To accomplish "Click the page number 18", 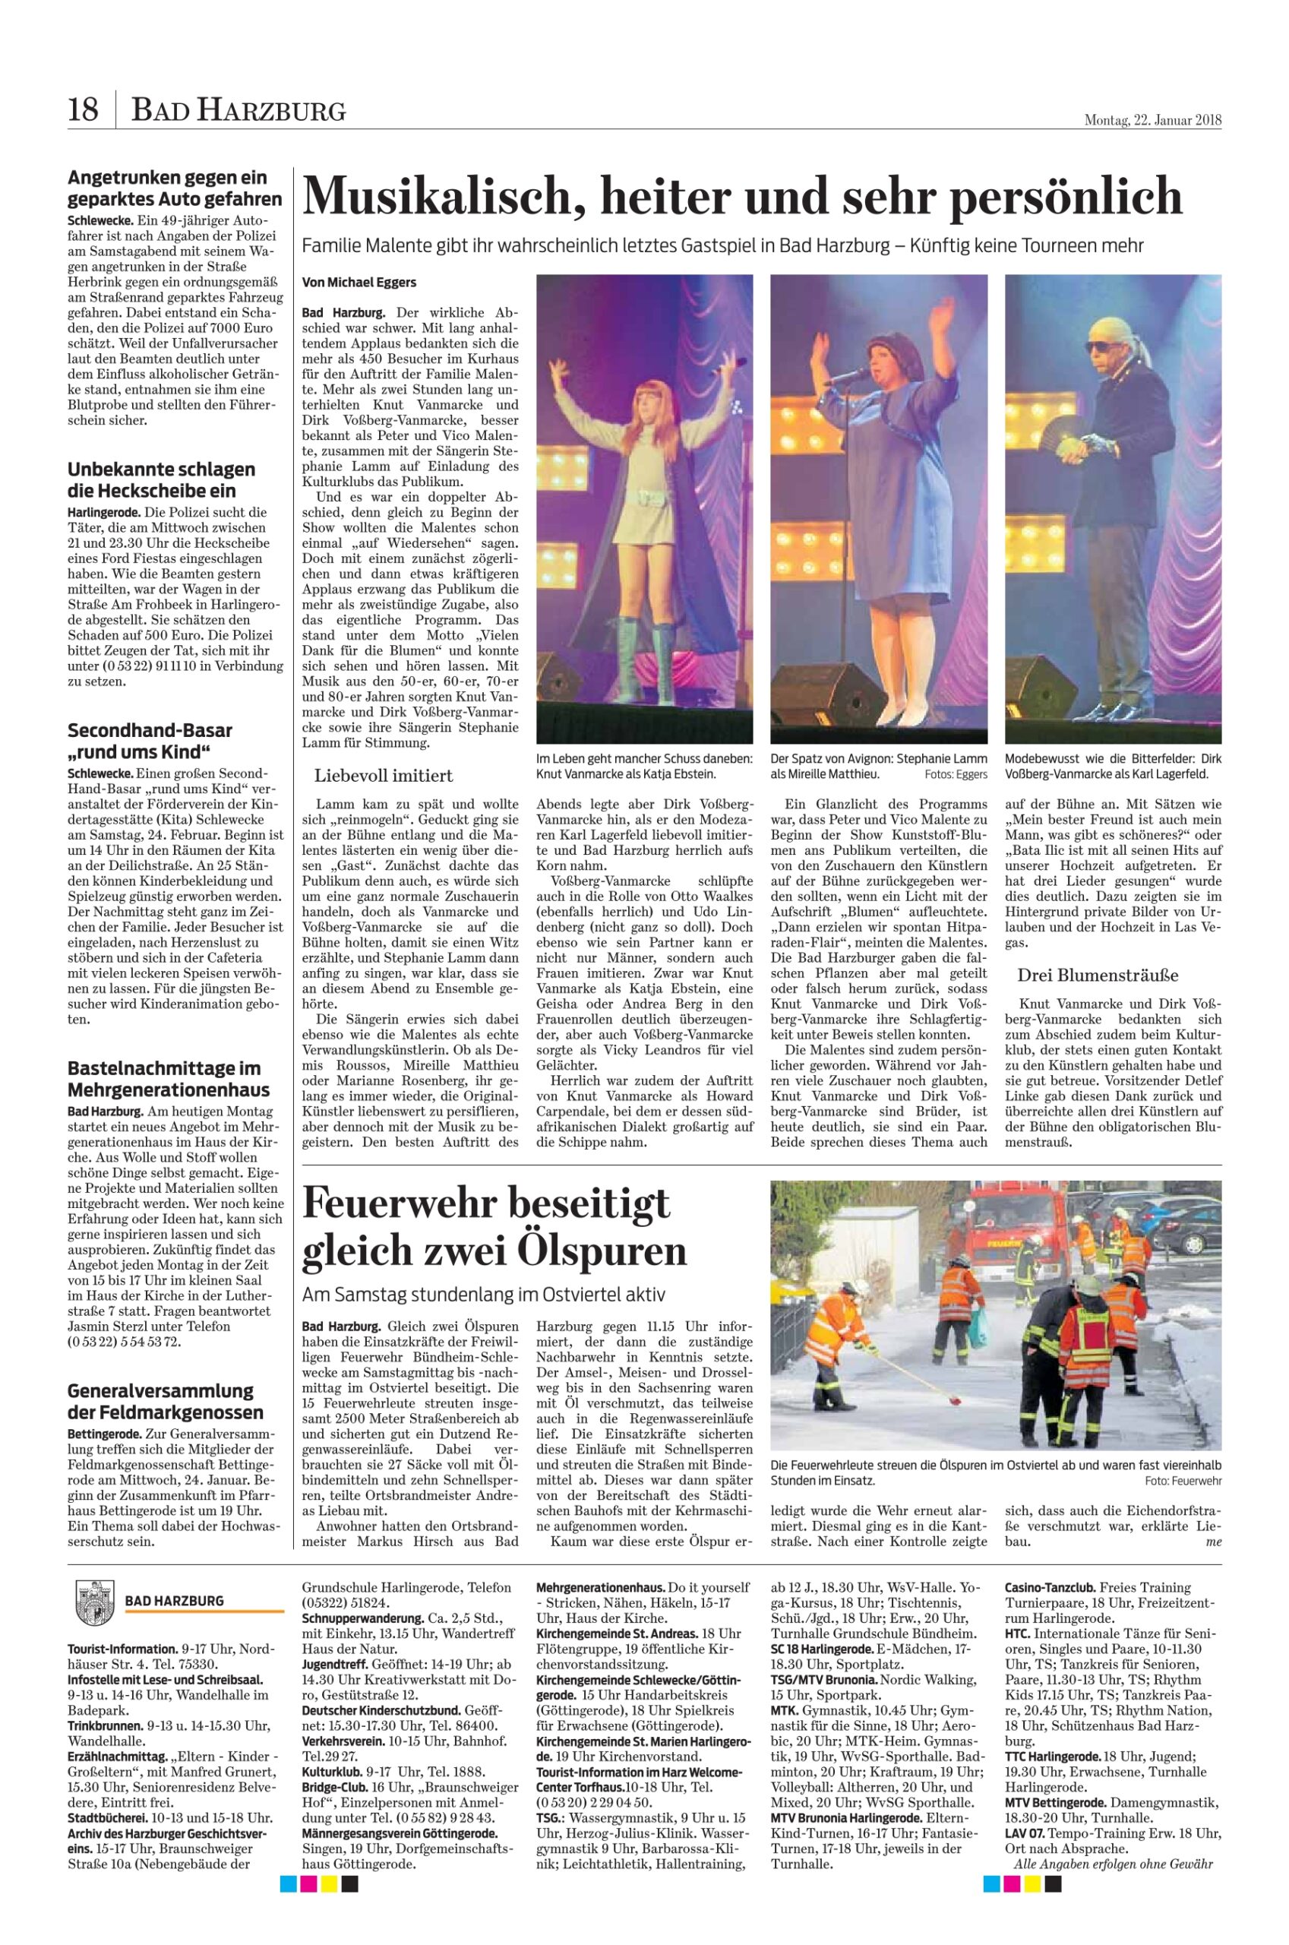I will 82,109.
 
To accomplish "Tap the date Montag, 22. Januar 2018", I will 1152,120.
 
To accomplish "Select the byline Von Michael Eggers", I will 359,283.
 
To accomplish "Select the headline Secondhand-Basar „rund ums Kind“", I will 150,741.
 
